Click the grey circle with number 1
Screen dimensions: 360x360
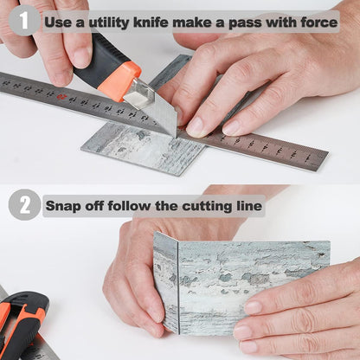pyautogui.click(x=24, y=21)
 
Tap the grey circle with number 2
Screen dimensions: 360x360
pyautogui.click(x=24, y=205)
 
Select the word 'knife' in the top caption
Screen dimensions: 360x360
pyautogui.click(x=151, y=22)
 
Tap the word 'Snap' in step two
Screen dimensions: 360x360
pyautogui.click(x=63, y=206)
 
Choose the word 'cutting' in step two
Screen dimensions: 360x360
pyautogui.click(x=207, y=207)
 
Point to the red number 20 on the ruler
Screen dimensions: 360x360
pyautogui.click(x=61, y=96)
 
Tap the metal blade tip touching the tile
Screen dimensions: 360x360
pyautogui.click(x=174, y=134)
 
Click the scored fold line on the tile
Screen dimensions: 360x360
pyautogui.click(x=178, y=288)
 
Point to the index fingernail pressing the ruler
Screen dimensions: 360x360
pyautogui.click(x=196, y=127)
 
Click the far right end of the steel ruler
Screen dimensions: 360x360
pyautogui.click(x=325, y=159)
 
